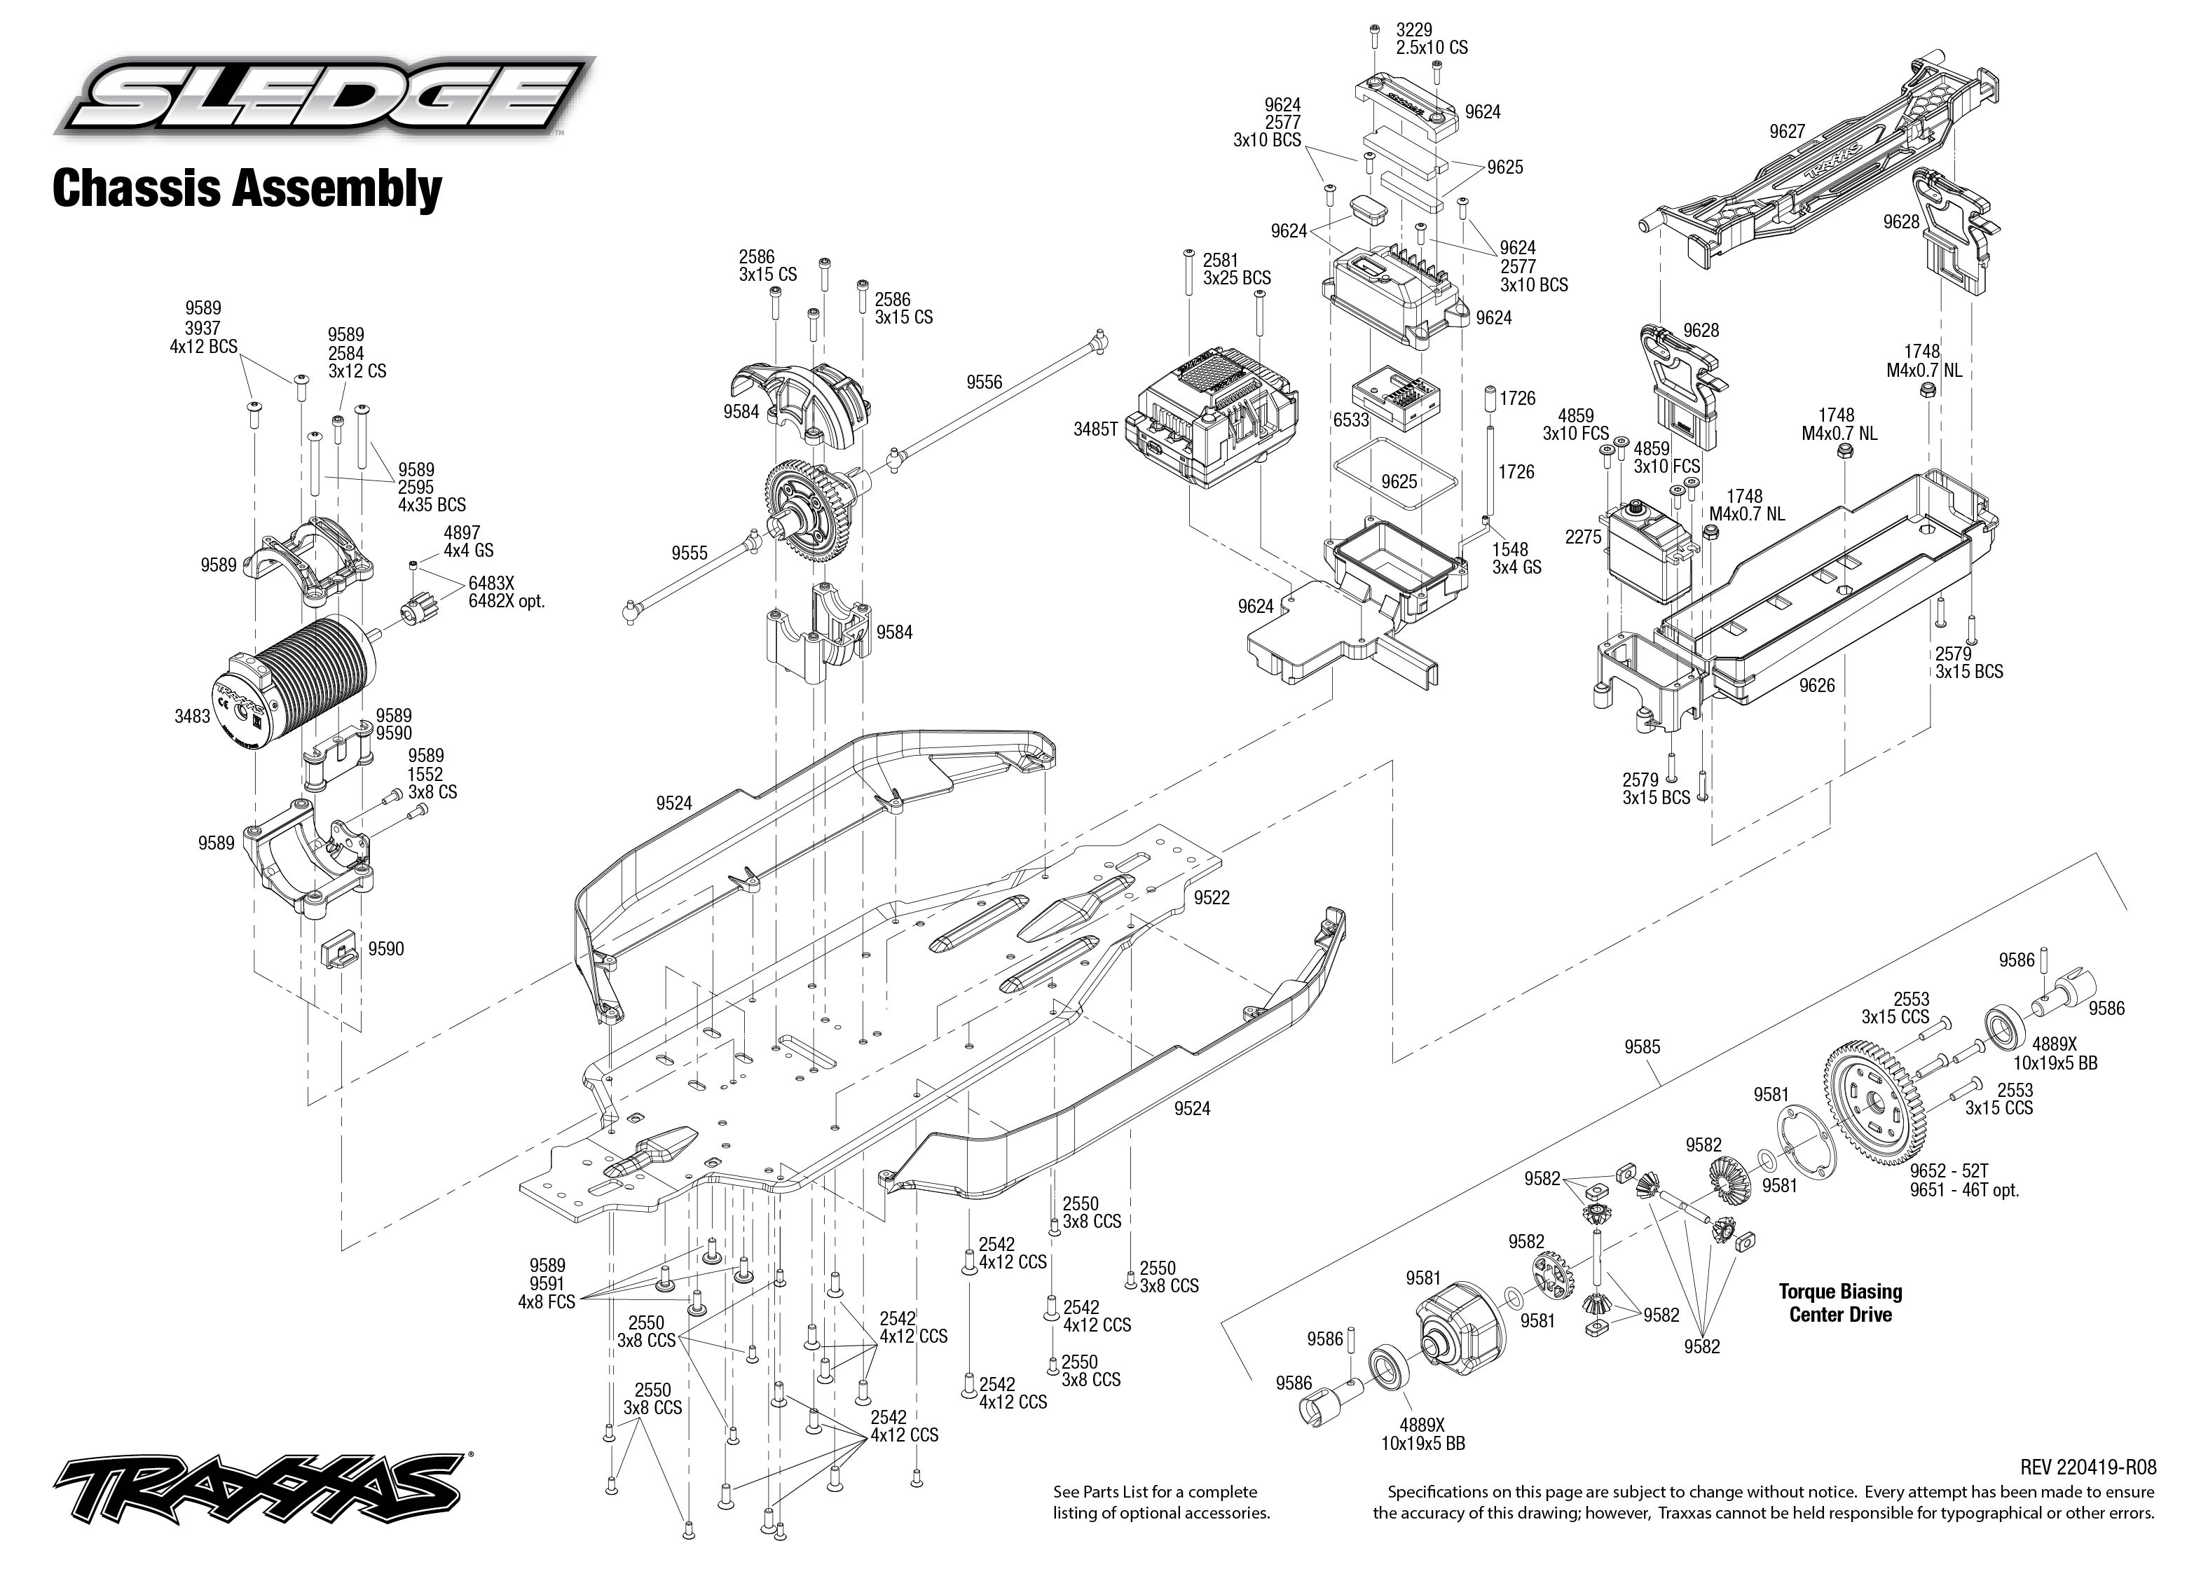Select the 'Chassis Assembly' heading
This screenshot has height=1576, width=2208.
(247, 188)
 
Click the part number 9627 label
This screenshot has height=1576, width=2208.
(1787, 132)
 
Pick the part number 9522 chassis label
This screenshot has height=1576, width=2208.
(1212, 898)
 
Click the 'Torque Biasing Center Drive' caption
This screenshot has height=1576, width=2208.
(1840, 1302)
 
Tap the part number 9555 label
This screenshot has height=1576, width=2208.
(689, 553)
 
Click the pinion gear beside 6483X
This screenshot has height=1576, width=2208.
(414, 612)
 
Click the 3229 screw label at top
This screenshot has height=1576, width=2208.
(1414, 31)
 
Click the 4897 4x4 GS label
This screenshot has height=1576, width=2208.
(468, 541)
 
